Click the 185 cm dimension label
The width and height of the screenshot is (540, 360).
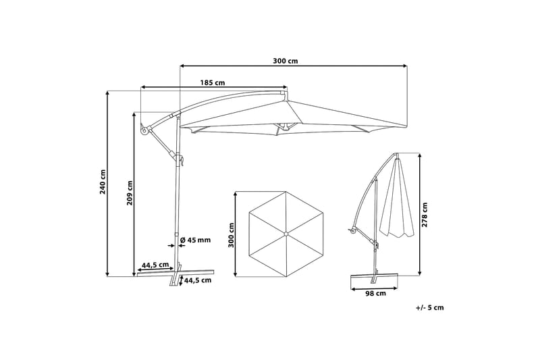point(213,83)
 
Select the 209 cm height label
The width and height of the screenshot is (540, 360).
point(130,194)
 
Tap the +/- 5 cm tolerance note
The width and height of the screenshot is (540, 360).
point(430,308)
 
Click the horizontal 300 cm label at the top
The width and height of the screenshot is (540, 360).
point(286,61)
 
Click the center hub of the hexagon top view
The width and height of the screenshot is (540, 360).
point(286,234)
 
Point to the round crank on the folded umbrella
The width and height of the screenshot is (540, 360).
point(352,233)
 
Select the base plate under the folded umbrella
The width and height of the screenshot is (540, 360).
point(376,277)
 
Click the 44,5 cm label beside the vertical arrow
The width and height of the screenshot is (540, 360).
point(198,280)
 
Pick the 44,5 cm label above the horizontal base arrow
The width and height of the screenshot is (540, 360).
point(155,265)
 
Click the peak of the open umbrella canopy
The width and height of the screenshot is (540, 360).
point(286,101)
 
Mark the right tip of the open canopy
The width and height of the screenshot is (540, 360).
point(406,126)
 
